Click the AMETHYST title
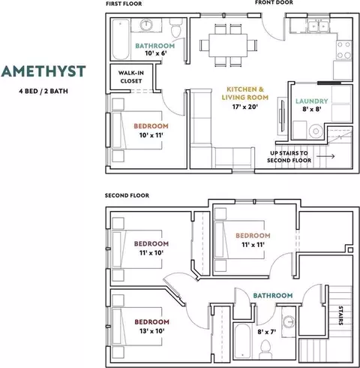click(43, 71)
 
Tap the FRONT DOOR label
click(274, 2)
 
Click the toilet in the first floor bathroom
click(176, 28)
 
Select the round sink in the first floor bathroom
click(146, 25)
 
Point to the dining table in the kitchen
click(228, 45)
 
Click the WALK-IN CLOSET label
click(131, 77)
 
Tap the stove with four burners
click(344, 50)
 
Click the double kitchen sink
click(319, 26)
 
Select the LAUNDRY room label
click(312, 101)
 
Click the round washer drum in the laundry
click(316, 131)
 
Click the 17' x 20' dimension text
click(244, 107)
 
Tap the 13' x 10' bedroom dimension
click(151, 331)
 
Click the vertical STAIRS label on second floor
click(340, 315)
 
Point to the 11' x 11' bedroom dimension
click(253, 245)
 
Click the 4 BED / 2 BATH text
click(43, 91)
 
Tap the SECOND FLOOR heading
click(127, 195)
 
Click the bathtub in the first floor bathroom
click(121, 39)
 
